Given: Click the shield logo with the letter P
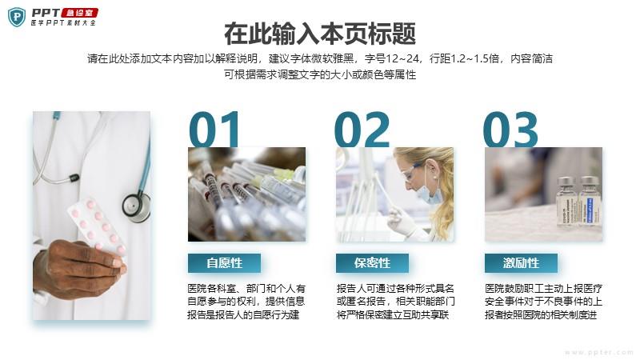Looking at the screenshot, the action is [x=17, y=17].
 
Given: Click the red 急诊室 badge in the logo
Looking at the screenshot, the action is [x=79, y=13].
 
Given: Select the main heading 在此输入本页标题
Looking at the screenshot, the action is [x=320, y=34].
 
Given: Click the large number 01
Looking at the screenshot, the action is [x=214, y=130].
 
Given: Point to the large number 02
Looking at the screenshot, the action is [x=362, y=130].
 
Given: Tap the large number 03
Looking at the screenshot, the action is [x=510, y=130].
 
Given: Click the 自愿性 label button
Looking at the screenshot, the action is [x=225, y=263].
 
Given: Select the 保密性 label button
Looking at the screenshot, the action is [x=372, y=263].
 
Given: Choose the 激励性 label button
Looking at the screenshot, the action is [x=522, y=263].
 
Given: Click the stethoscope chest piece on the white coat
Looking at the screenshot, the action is [x=136, y=206].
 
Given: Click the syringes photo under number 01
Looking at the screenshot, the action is [x=246, y=194].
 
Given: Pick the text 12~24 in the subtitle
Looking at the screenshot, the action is [x=402, y=58].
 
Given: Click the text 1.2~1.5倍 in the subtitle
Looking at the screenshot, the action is [x=474, y=58].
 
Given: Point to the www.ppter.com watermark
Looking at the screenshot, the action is [x=599, y=352].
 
